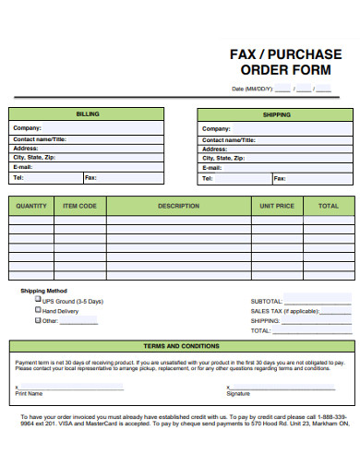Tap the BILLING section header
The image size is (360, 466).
(88, 114)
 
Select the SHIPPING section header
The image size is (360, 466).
(276, 114)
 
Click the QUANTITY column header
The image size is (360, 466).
(31, 206)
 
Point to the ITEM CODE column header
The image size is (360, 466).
(79, 206)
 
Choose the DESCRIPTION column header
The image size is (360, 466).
(179, 206)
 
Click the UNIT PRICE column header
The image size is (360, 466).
(277, 206)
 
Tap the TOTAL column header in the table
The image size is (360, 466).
(328, 206)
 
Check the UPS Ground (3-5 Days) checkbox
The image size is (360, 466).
(38, 301)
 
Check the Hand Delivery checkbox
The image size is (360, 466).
(38, 311)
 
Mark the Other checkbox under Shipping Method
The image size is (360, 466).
(38, 321)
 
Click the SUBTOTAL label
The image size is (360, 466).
(267, 302)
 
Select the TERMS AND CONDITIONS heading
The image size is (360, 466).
(180, 346)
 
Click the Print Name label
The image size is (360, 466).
(29, 393)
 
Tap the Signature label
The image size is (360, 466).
(238, 393)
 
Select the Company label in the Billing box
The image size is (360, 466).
(27, 129)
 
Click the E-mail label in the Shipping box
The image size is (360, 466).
(212, 168)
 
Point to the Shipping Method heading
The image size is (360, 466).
(43, 291)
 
